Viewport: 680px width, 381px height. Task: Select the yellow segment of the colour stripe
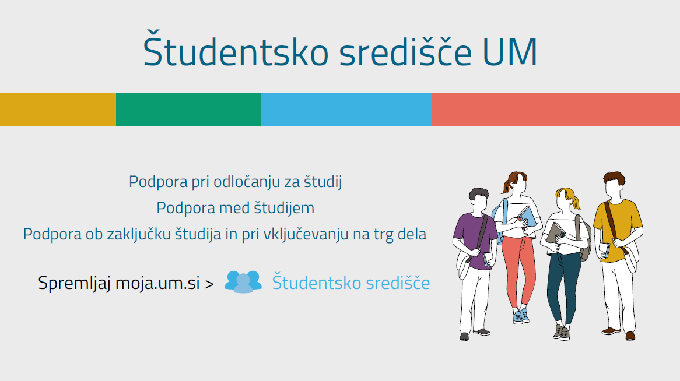point(58,109)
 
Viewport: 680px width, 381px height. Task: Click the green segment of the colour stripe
point(188,109)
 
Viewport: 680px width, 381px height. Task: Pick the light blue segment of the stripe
point(346,109)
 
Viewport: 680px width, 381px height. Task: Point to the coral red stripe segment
point(556,109)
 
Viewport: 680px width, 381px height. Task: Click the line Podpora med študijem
point(236,208)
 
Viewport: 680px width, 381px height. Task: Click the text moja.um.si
point(157,283)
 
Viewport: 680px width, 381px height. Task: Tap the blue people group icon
point(243,282)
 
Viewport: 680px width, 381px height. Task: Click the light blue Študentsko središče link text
point(351,283)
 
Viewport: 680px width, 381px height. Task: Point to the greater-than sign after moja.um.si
point(209,284)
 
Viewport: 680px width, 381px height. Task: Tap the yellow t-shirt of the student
point(618,228)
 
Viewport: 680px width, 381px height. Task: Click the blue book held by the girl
point(527,216)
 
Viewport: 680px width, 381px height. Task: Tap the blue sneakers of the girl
point(521,316)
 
